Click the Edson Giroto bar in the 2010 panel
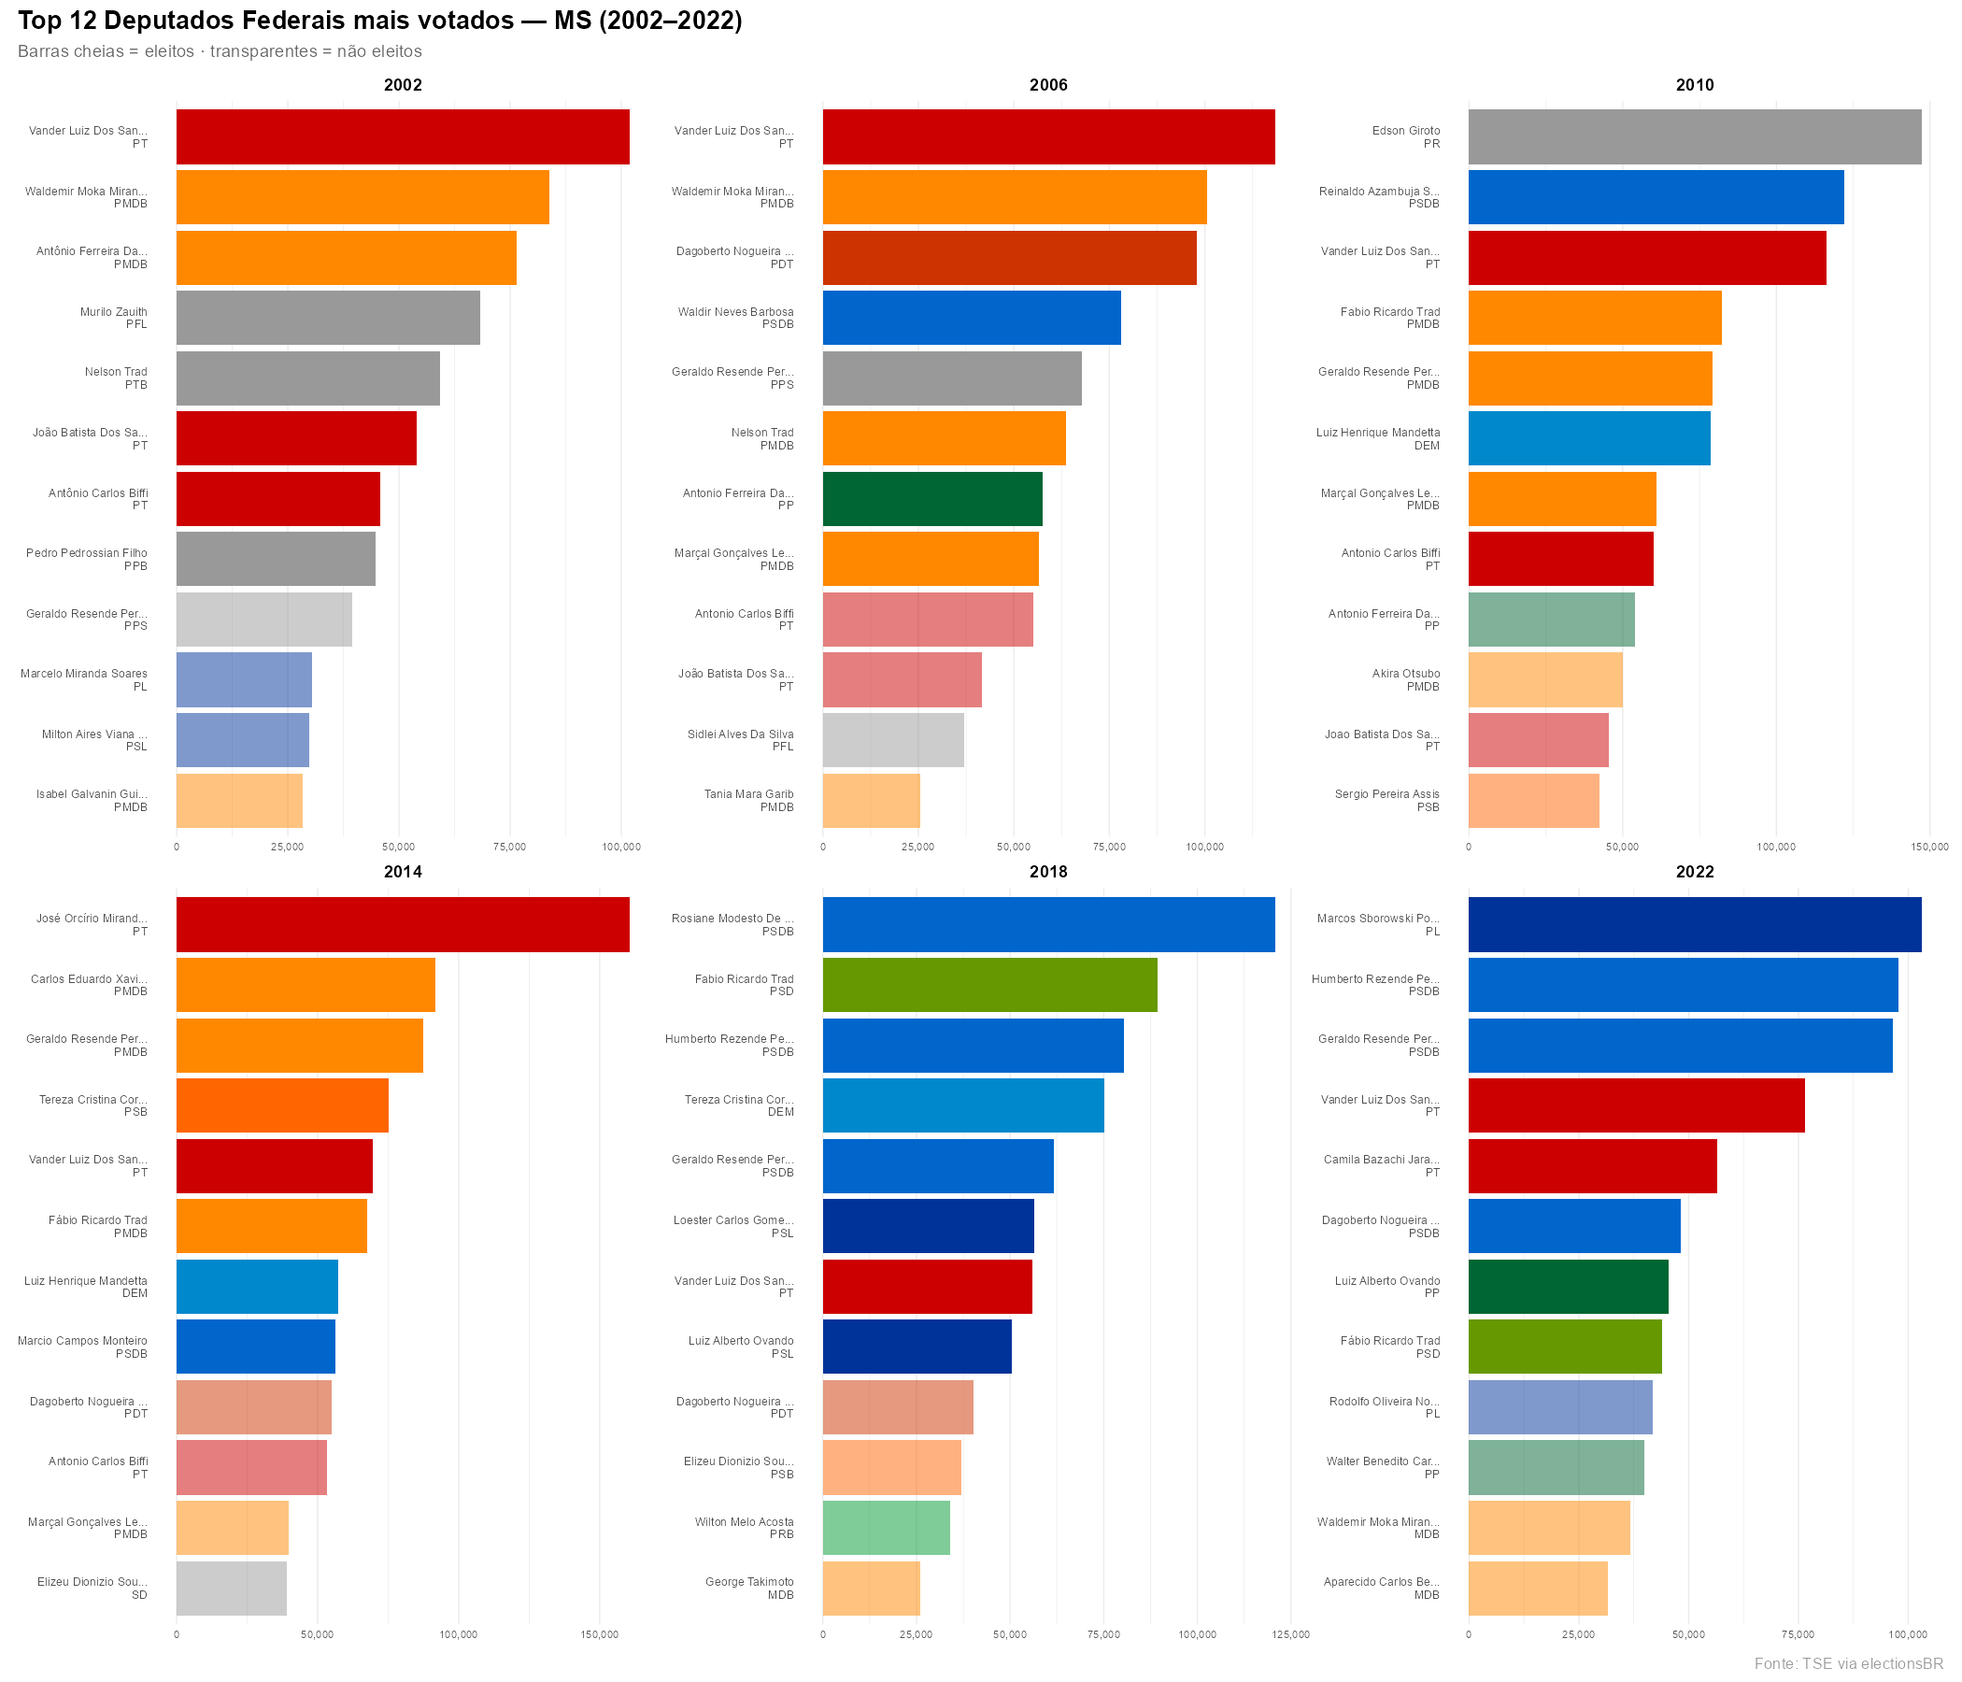1694,136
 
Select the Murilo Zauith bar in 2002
328,318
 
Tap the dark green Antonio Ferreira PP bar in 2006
931,499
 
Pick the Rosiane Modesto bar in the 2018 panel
1048,924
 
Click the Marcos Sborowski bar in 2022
1694,924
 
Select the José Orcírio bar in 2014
403,924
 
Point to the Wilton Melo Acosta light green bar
886,1528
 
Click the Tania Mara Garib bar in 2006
870,800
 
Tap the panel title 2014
403,871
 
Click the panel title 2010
1694,85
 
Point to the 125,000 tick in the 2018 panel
1290,1634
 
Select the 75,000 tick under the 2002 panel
509,847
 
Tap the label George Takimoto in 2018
749,1582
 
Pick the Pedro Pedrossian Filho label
86,553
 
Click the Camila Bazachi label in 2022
1381,1160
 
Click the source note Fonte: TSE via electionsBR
1847,1663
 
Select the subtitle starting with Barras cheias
220,51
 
